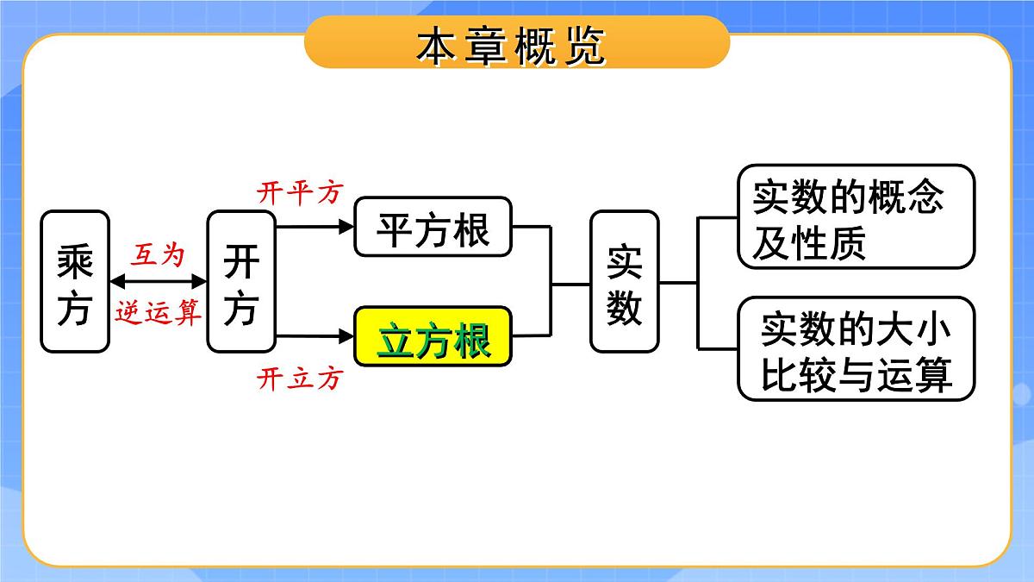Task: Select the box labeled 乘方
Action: coord(75,282)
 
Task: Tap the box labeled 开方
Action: coord(240,282)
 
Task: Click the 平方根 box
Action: coord(433,228)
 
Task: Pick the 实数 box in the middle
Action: coord(625,281)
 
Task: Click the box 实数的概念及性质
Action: coord(856,217)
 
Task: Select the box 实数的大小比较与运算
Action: coord(856,348)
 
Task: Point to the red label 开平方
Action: coord(300,193)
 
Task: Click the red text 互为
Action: coord(158,254)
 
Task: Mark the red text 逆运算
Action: coord(158,311)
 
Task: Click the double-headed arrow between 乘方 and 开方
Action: coord(159,282)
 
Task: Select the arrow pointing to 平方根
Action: coord(315,228)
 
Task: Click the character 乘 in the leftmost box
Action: coord(75,260)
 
